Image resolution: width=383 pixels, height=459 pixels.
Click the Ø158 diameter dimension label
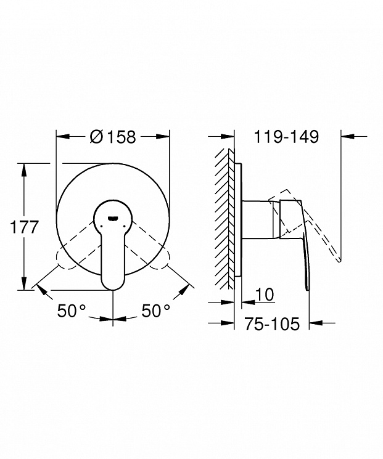(x=113, y=137)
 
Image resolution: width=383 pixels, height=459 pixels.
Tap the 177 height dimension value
(x=24, y=227)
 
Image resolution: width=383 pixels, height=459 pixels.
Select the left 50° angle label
(x=71, y=311)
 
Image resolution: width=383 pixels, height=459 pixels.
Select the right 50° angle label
(x=155, y=311)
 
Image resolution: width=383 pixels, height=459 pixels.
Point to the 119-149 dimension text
(x=286, y=137)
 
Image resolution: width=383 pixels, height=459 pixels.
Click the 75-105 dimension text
(x=272, y=323)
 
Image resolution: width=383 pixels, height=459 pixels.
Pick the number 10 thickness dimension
(x=265, y=294)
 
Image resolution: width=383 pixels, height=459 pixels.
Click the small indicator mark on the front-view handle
(x=113, y=217)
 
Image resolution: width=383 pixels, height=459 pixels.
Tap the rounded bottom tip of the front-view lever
(x=113, y=288)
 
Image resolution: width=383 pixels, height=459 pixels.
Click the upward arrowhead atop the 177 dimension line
(x=24, y=170)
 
